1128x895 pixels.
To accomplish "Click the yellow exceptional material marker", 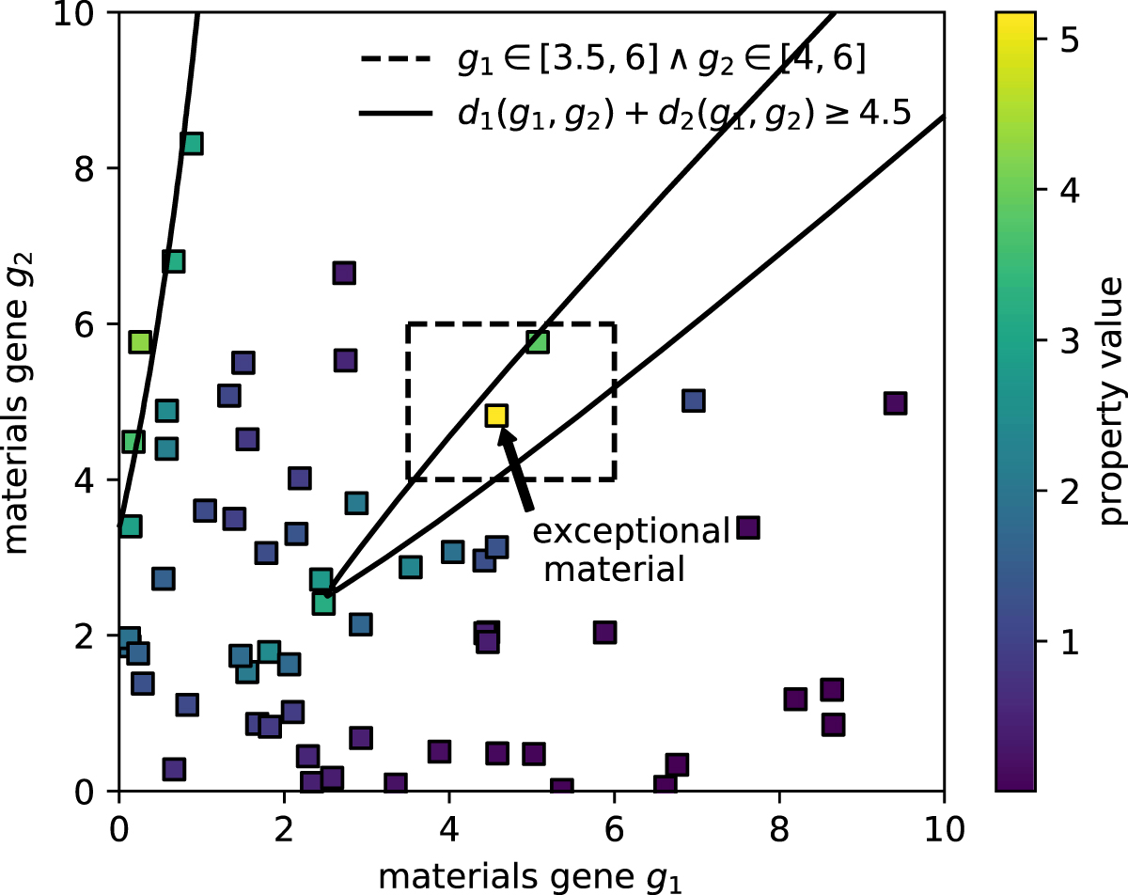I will (x=496, y=416).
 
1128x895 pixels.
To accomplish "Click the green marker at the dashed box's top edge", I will (x=537, y=341).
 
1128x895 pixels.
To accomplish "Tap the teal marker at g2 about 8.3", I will (x=192, y=144).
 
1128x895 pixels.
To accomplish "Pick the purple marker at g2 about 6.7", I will (x=344, y=273).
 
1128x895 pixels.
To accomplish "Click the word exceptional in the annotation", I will (x=631, y=532).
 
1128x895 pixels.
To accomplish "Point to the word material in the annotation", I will (x=614, y=570).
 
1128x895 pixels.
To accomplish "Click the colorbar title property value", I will (x=1113, y=401).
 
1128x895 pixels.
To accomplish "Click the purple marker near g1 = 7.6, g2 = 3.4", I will (x=747, y=527).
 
